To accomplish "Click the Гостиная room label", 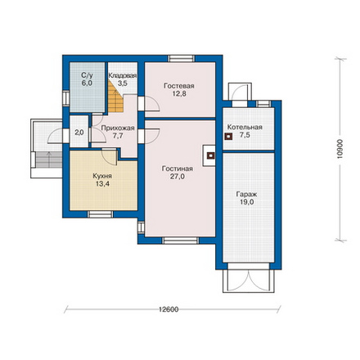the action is (178, 169).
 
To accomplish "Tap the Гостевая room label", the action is (179, 86).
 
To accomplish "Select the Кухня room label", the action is (102, 176).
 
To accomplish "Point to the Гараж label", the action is (246, 195).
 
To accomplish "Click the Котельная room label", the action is (245, 127).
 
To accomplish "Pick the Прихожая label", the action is (118, 128).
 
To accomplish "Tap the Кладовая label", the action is (123, 75).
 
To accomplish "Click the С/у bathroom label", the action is (87, 75).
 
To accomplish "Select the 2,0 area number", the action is (79, 133).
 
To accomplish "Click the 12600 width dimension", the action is (169, 309).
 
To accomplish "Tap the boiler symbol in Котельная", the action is (228, 137).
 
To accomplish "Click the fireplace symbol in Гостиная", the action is (210, 155).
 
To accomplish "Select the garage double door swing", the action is (248, 281).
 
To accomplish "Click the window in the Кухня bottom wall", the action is (100, 214).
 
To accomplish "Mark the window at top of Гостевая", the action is (182, 58).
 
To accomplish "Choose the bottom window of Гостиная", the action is (181, 241).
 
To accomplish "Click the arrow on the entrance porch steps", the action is (49, 160).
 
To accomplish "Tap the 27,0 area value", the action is (178, 177).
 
